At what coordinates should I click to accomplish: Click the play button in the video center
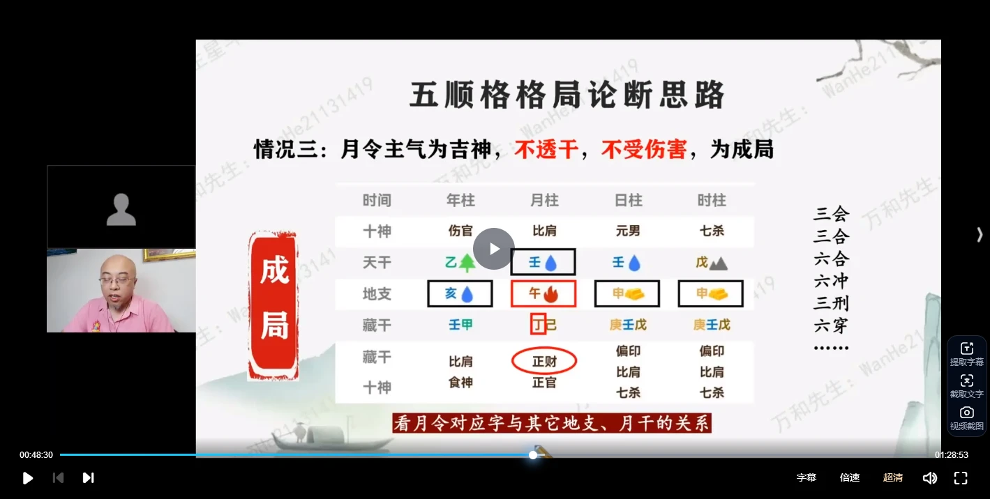[x=494, y=249]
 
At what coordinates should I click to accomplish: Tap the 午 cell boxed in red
[x=543, y=293]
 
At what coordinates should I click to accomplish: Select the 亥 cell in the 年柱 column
[x=460, y=293]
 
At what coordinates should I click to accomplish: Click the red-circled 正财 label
[x=544, y=361]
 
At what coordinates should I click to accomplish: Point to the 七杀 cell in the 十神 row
[x=712, y=231]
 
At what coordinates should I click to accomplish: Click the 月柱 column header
[x=544, y=201]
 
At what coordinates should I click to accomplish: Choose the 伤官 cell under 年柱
[x=460, y=231]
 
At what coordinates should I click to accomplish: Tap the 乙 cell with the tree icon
[x=460, y=263]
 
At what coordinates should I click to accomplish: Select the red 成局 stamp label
[x=274, y=306]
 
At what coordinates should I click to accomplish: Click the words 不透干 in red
[x=546, y=149]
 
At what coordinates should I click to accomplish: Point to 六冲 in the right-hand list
[x=831, y=281]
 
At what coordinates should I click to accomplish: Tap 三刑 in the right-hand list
[x=831, y=303]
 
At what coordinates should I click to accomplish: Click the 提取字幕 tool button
[x=966, y=354]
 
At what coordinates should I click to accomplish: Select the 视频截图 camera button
[x=966, y=418]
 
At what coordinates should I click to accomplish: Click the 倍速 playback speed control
[x=849, y=477]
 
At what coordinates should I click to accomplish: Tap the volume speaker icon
[x=929, y=477]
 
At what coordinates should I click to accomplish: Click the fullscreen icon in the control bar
[x=961, y=477]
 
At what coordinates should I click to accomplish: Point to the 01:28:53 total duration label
[x=952, y=455]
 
